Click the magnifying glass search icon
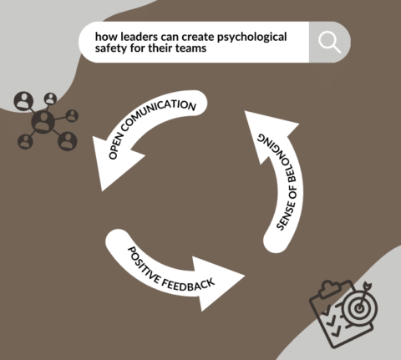coord(329,43)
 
